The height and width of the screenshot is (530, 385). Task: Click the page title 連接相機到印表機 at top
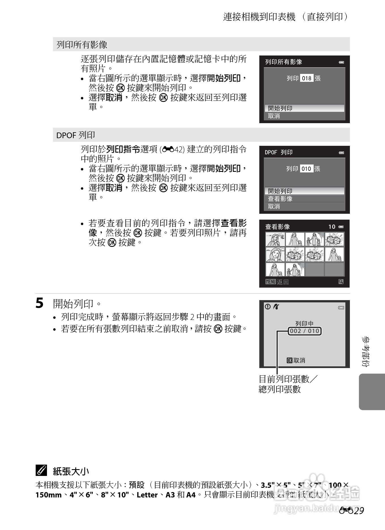(259, 17)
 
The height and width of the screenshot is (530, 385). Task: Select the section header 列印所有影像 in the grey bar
(82, 44)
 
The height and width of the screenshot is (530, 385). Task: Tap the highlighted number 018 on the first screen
(307, 78)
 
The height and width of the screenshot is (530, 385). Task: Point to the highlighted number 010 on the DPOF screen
(306, 169)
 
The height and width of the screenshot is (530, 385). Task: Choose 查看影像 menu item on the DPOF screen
(280, 199)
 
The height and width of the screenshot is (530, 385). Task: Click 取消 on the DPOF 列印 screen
(274, 206)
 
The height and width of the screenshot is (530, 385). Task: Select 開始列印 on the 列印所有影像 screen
(280, 108)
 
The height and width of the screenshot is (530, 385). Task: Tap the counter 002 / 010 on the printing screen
(305, 331)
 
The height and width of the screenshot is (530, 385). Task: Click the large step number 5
(40, 303)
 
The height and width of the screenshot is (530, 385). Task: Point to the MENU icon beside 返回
(271, 282)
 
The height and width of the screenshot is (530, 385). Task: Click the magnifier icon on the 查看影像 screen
(341, 282)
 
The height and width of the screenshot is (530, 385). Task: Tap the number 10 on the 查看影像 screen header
(332, 226)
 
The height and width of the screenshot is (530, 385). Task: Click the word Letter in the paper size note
(147, 495)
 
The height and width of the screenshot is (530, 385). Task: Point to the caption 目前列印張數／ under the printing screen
(288, 379)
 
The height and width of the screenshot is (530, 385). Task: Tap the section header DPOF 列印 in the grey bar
(76, 135)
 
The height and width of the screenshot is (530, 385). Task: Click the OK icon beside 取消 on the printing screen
(289, 360)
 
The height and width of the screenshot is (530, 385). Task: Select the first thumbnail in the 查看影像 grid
(275, 240)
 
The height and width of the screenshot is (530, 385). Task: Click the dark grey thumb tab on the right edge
(372, 392)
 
